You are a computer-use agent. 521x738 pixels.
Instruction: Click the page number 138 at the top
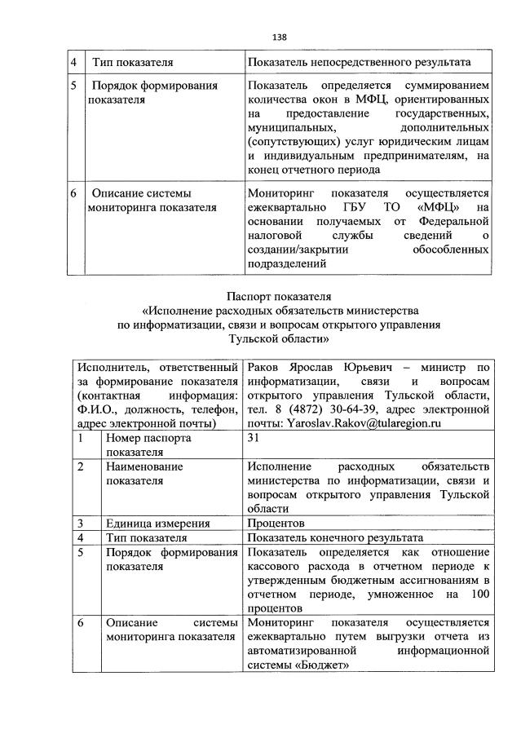[x=279, y=37]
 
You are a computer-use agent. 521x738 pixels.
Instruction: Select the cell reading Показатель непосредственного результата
[x=359, y=62]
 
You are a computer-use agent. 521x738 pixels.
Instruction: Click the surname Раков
[x=263, y=368]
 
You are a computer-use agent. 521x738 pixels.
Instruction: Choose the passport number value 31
[x=253, y=438]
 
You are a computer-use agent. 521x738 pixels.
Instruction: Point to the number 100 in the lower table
[x=480, y=594]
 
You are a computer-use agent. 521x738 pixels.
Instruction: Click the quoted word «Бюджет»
[x=320, y=665]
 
